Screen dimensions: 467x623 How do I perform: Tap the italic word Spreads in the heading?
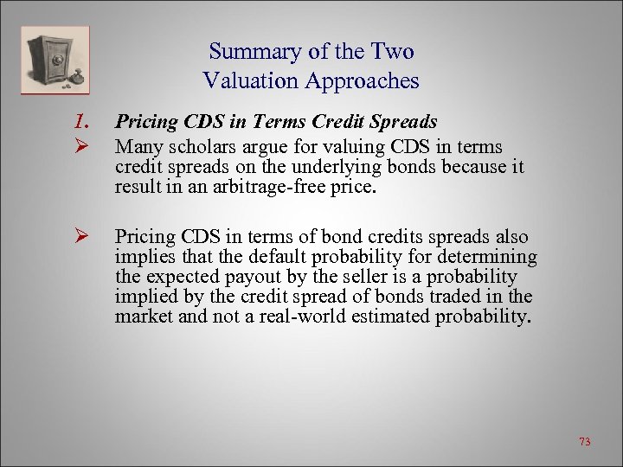click(405, 123)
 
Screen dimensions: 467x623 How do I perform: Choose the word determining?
click(490, 257)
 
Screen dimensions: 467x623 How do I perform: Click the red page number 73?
click(584, 442)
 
